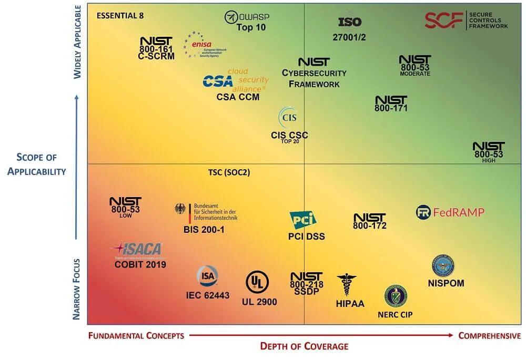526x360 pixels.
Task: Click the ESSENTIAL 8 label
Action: coord(120,15)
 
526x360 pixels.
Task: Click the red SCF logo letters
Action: coord(443,20)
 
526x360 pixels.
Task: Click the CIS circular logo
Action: coord(289,117)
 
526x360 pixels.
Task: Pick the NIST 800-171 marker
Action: coord(391,104)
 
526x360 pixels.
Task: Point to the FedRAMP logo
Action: coord(450,212)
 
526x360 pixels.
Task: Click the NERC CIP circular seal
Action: coord(396,296)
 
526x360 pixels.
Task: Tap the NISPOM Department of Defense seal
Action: coord(442,266)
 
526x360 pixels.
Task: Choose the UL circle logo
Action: coord(257,283)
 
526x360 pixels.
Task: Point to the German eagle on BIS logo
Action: coord(180,209)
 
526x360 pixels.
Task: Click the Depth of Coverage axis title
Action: coord(304,346)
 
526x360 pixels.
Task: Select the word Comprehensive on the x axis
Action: coord(489,335)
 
